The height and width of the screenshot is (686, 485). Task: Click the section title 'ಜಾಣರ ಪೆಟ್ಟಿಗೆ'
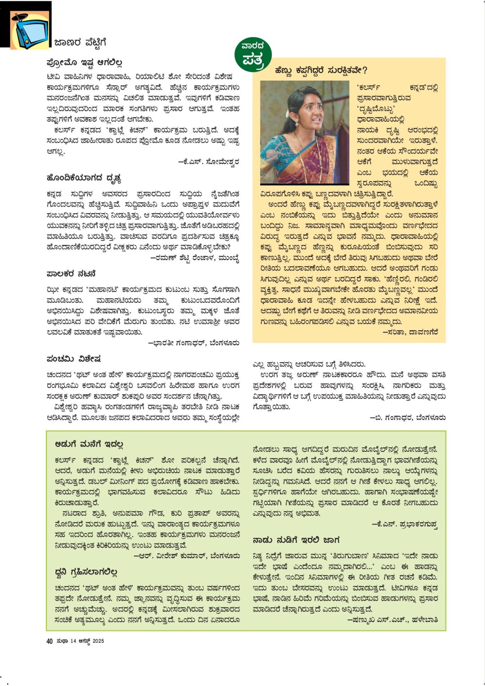[80, 43]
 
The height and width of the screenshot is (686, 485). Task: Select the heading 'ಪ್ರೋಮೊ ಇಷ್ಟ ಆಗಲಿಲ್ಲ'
[84, 63]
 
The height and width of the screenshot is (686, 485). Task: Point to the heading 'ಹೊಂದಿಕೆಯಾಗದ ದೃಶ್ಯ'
[84, 178]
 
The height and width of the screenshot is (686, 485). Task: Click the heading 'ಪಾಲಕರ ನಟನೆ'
[71, 274]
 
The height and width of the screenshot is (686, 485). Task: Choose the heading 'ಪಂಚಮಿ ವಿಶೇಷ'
[73, 359]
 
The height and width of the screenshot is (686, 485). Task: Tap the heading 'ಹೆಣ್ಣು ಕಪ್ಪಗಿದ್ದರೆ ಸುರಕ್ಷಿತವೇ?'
[321, 70]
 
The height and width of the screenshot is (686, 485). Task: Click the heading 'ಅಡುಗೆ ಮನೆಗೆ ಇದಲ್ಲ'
[89, 444]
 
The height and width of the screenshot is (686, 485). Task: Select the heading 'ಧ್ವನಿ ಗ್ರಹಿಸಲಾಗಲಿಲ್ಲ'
[86, 572]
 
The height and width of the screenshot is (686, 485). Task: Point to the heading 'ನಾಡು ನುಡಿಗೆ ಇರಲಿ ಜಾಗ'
[296, 540]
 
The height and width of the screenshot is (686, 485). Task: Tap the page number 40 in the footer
[49, 641]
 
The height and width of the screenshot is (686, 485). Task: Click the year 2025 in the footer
[98, 641]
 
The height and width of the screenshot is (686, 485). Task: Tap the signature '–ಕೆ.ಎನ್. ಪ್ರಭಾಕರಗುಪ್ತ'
[404, 524]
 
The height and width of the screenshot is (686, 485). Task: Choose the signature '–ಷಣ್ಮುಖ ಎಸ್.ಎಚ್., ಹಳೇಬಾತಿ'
[392, 620]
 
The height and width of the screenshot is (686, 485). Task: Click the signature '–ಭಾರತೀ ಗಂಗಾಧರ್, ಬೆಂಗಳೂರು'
[194, 343]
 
